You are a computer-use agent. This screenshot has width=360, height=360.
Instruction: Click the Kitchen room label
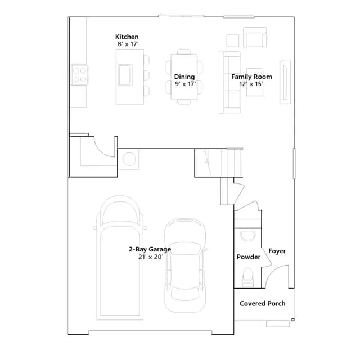127,37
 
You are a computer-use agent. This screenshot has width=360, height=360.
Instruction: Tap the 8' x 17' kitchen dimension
128,44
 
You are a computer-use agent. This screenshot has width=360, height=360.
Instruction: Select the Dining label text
184,76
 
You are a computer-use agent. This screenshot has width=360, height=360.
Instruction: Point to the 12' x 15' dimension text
251,84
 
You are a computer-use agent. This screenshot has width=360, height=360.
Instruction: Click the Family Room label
251,76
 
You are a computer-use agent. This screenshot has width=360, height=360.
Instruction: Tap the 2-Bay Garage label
150,249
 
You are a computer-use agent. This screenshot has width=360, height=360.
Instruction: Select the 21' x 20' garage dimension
151,257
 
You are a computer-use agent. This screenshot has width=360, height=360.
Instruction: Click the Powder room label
249,256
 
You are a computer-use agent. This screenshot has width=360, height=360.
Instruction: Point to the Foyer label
277,251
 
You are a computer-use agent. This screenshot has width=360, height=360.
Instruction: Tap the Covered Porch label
263,304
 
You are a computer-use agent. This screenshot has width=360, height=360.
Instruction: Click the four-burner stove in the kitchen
79,75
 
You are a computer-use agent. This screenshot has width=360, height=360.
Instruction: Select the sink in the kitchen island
125,75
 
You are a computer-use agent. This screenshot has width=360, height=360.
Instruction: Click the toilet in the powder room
248,277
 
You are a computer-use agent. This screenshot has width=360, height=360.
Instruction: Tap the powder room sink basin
247,235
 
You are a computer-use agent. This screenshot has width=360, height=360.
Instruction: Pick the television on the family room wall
285,83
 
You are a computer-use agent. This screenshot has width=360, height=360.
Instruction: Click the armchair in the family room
255,38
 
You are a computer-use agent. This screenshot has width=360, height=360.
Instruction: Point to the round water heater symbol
129,159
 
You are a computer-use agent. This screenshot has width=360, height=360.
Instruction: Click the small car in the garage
185,265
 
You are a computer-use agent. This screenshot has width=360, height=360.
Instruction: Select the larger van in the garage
120,258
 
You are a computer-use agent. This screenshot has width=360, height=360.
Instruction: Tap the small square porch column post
292,319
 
